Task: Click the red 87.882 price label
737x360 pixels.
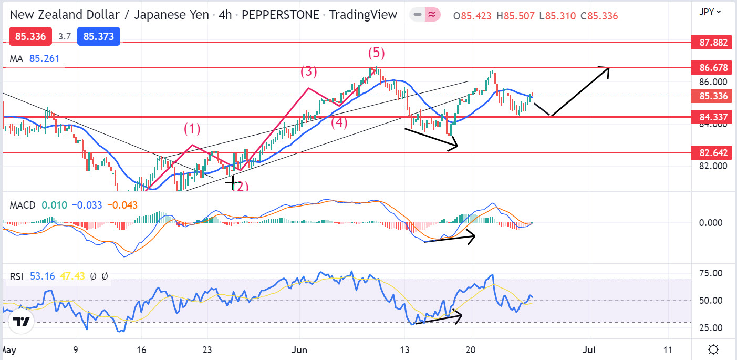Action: tap(713, 42)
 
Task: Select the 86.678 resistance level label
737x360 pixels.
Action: tap(713, 67)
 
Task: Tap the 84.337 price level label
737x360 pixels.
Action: tap(713, 117)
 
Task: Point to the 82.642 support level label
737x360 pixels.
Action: tap(713, 153)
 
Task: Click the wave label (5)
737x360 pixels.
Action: tap(376, 53)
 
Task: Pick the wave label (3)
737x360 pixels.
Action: tap(309, 71)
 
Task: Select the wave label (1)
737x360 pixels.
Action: tap(192, 128)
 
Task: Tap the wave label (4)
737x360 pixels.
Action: tap(339, 123)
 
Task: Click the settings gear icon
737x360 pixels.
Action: tap(713, 349)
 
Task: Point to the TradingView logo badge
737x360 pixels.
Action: tap(20, 321)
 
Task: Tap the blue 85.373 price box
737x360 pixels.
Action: tap(99, 36)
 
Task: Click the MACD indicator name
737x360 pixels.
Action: tap(23, 205)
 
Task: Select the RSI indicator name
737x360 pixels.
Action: tap(16, 276)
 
